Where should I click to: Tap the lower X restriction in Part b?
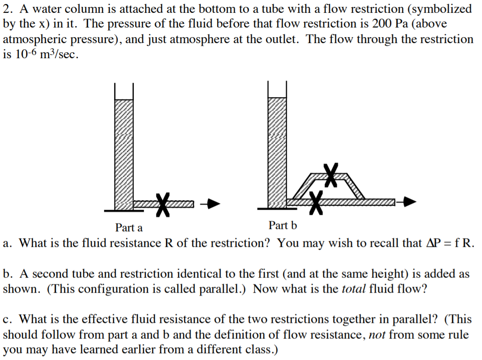(316, 202)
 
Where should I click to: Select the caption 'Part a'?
(129, 228)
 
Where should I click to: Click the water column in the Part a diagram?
(124, 151)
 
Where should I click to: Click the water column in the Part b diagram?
(277, 151)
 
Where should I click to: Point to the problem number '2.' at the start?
(9, 9)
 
